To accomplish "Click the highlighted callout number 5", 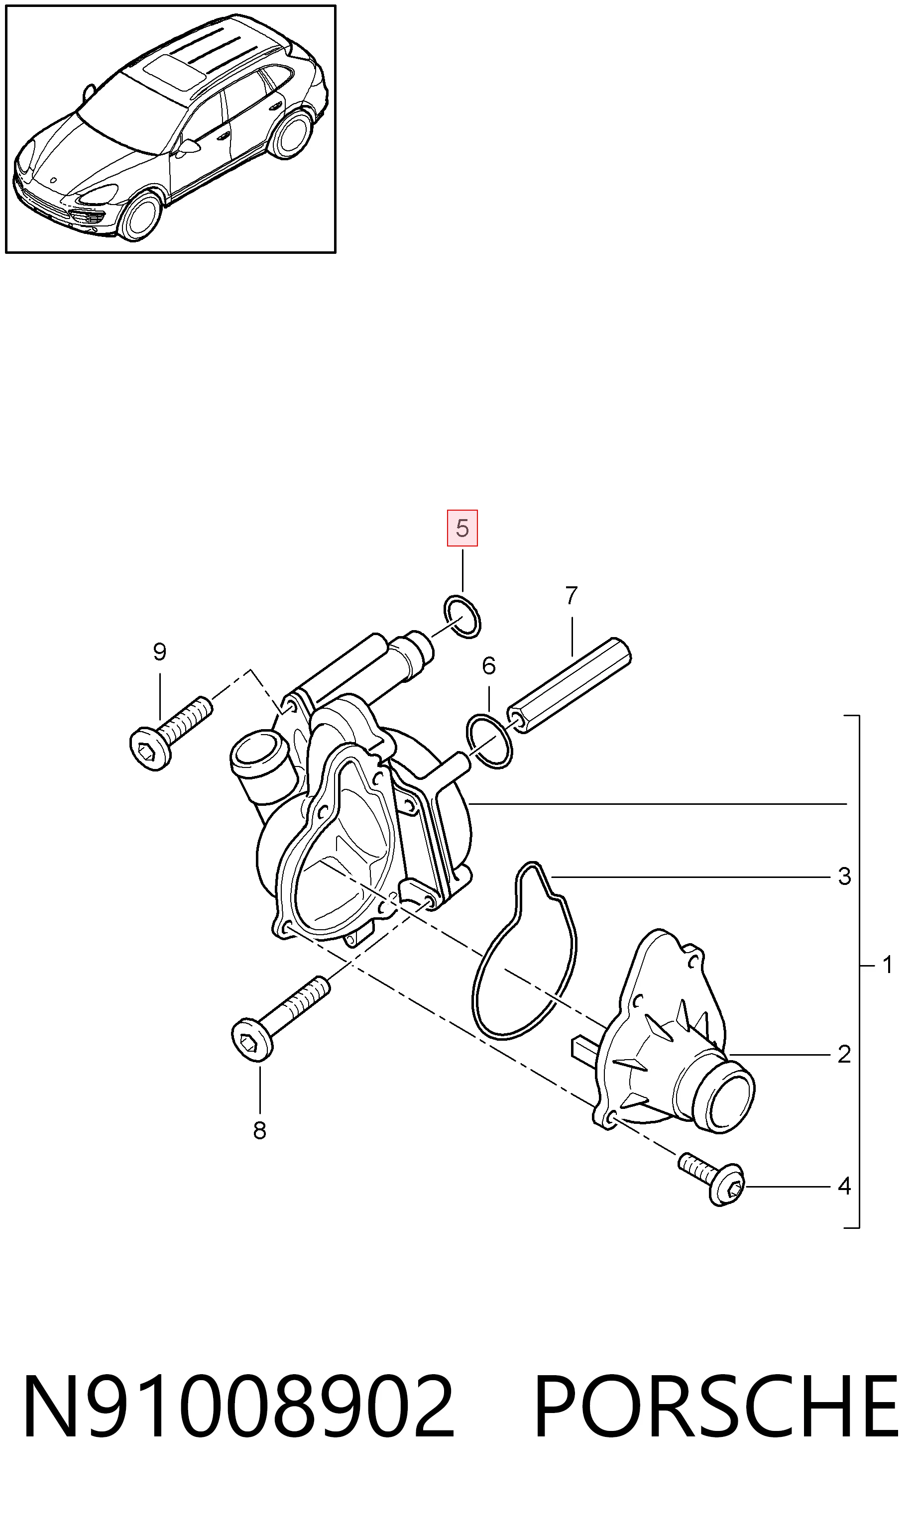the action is (462, 528).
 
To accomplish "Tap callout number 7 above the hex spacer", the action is (572, 595).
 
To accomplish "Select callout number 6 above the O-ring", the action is (489, 666).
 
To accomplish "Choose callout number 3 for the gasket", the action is (844, 876).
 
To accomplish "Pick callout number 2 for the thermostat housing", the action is (844, 1054).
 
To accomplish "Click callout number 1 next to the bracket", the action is (888, 965).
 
